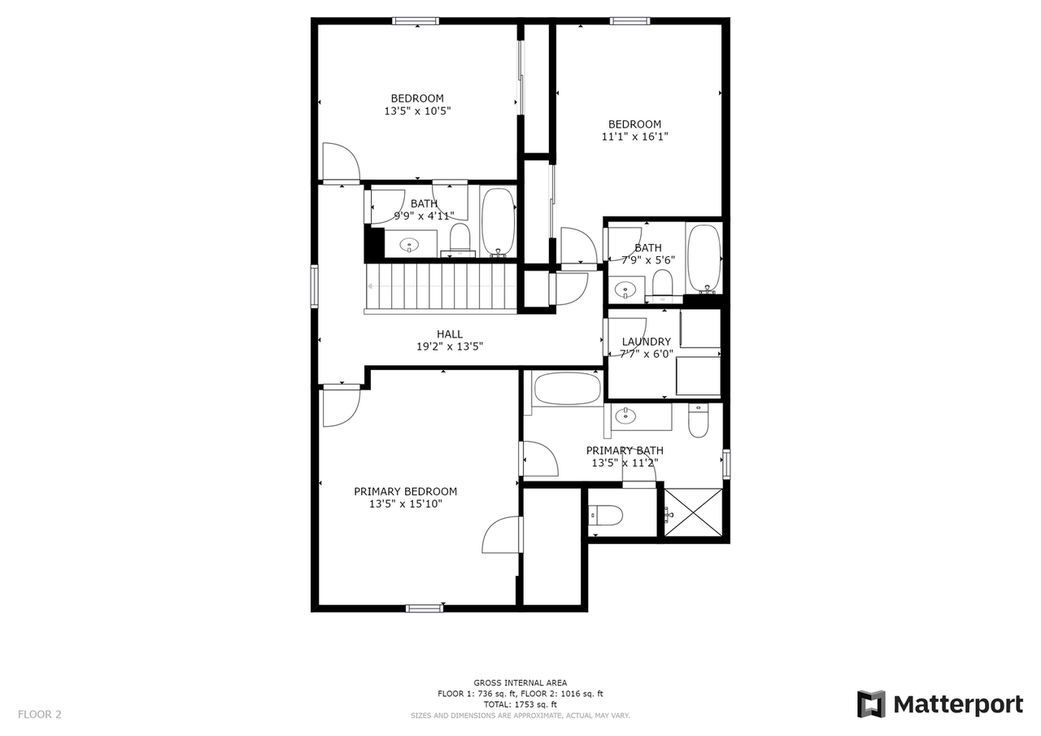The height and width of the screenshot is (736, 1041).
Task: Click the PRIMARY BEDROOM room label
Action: coord(405,491)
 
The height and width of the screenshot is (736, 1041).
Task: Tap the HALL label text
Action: coord(450,333)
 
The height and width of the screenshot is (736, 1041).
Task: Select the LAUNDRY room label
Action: coord(647,342)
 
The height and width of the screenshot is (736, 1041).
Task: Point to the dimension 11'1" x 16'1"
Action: coord(634,137)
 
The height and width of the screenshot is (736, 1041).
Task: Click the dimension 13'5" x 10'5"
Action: coord(417,111)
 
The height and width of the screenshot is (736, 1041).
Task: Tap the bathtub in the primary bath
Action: coord(567,388)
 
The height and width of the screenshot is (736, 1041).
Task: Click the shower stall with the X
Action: coord(693,512)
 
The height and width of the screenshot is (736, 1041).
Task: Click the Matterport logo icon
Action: coord(871,703)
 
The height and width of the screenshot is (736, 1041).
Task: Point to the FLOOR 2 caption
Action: coord(40,715)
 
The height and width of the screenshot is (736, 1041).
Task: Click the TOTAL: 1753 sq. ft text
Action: coord(520,704)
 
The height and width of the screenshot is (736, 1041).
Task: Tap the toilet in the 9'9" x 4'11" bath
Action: coord(460,239)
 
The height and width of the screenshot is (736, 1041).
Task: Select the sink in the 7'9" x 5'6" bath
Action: coord(625,289)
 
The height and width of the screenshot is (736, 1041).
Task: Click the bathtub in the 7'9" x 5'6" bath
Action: coord(703,258)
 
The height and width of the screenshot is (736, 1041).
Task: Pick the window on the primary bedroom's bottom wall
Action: coord(425,608)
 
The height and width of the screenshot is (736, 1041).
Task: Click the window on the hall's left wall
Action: coord(314,286)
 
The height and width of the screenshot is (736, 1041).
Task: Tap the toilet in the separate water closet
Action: coord(606,514)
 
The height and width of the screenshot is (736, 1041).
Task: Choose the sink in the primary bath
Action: coord(625,416)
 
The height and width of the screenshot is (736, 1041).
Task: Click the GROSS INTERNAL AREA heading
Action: coord(520,682)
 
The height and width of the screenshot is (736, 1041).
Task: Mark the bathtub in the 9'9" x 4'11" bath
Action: coord(498,221)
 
